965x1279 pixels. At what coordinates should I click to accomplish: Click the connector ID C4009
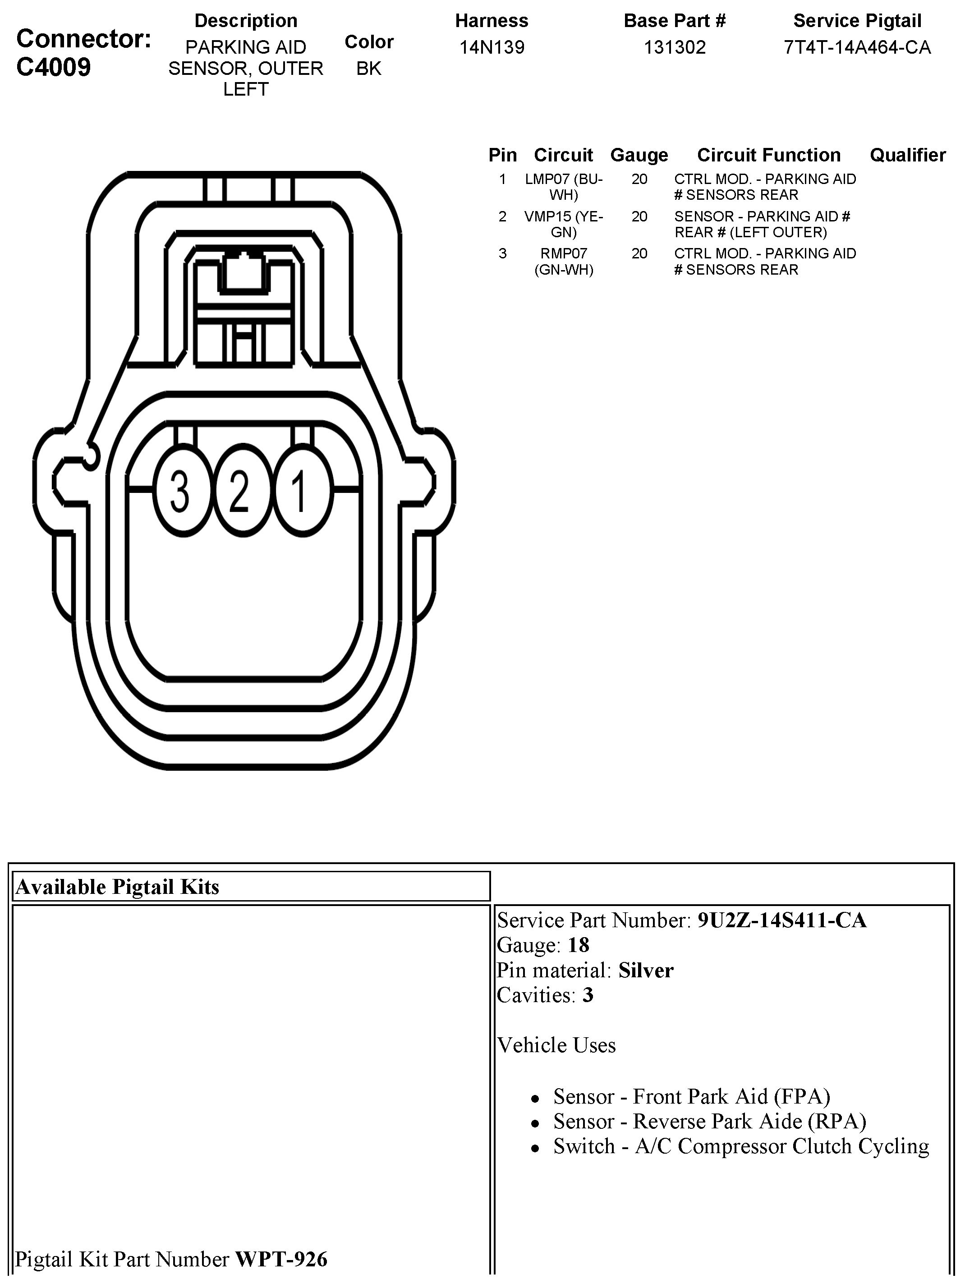tap(54, 68)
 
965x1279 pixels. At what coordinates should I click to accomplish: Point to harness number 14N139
tap(492, 47)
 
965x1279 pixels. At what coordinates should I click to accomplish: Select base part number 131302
tap(675, 47)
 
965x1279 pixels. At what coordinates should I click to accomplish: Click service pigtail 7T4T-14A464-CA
tap(857, 47)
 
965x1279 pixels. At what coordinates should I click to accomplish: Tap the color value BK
tap(369, 68)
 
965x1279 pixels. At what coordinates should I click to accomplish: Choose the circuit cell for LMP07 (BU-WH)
tap(564, 187)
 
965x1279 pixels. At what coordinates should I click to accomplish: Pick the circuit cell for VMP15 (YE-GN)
tap(564, 224)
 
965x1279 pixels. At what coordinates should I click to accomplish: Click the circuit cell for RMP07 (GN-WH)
tap(564, 262)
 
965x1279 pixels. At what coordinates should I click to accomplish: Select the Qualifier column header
tap(907, 155)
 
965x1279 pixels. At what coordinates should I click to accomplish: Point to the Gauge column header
tap(639, 155)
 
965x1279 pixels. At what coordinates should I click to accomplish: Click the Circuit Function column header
tap(768, 155)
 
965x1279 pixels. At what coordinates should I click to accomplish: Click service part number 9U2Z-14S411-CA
tap(782, 920)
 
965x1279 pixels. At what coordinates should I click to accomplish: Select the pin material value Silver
tap(646, 970)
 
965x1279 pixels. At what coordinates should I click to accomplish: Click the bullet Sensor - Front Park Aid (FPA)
tap(691, 1096)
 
